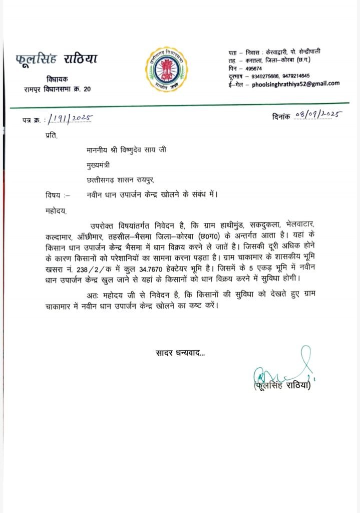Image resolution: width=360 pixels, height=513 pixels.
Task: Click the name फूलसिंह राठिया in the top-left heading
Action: pyautogui.click(x=56, y=60)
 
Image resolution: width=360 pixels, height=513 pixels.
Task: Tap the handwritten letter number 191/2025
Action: pyautogui.click(x=70, y=118)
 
